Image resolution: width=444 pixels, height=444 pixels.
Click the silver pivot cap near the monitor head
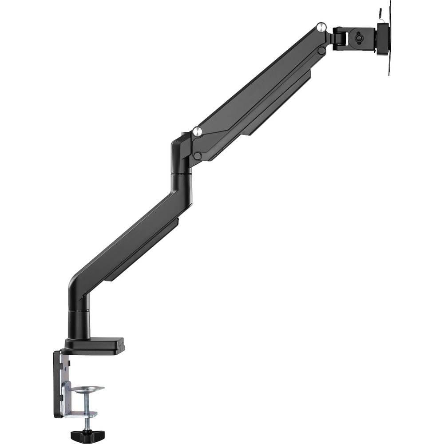click(320, 28)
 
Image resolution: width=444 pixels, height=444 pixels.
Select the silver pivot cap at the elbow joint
click(198, 131)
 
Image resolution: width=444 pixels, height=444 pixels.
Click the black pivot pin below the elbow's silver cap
click(197, 156)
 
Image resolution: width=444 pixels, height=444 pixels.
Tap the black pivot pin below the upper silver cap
click(321, 51)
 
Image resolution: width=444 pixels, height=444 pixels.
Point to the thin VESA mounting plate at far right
click(389, 40)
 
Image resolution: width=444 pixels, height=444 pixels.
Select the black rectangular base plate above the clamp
click(94, 346)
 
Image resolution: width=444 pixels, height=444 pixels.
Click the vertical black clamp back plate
click(58, 384)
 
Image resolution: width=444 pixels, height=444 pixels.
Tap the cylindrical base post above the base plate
click(79, 324)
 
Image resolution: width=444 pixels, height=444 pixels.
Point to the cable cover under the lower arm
click(142, 251)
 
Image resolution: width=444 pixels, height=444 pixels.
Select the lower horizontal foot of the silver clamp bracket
click(80, 414)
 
